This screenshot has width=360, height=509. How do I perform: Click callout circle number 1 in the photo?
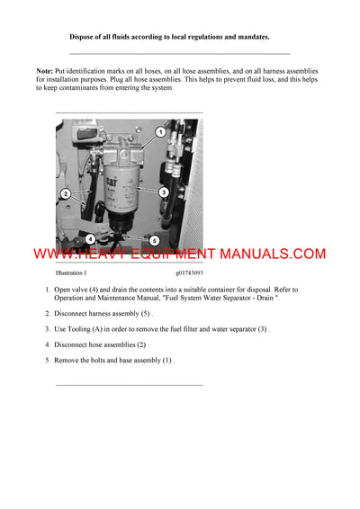coord(160,131)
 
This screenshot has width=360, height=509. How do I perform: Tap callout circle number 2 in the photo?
coord(65,193)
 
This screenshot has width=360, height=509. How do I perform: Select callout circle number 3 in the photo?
coord(164,192)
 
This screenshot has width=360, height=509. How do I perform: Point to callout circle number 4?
coord(90,239)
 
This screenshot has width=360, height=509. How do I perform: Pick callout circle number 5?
coord(154,241)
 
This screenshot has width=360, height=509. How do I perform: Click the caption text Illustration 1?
coord(71,272)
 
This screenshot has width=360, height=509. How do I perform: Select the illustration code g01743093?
coord(189,272)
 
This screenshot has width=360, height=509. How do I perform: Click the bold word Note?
coord(44,70)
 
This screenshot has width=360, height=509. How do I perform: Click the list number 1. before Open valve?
coord(48,290)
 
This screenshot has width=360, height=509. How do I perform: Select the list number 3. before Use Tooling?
coord(48,329)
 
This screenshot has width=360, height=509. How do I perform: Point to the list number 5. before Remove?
coord(48,360)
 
